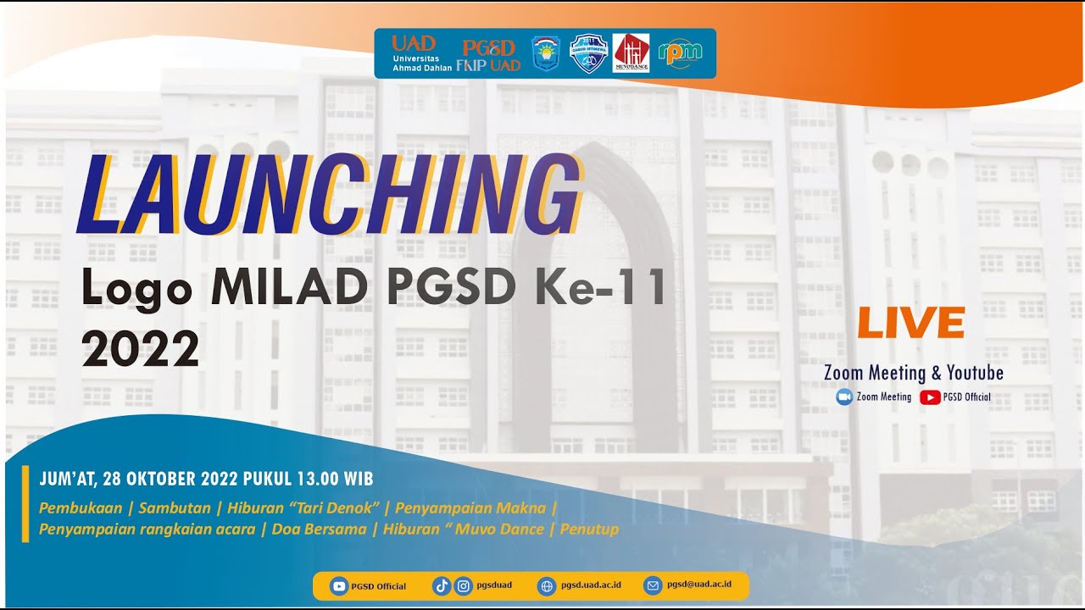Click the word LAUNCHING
(329, 197)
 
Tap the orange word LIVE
(911, 323)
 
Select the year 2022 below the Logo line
(140, 348)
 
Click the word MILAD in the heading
(290, 289)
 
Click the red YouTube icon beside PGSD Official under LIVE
(930, 396)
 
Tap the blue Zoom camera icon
(844, 396)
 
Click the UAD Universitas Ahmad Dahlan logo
(415, 53)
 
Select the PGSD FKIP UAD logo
(489, 54)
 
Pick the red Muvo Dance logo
(632, 53)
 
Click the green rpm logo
(680, 53)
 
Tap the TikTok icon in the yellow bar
(441, 585)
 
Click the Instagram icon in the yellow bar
(463, 585)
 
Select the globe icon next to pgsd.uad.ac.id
(547, 585)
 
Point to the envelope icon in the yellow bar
(652, 585)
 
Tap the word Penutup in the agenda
(591, 530)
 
